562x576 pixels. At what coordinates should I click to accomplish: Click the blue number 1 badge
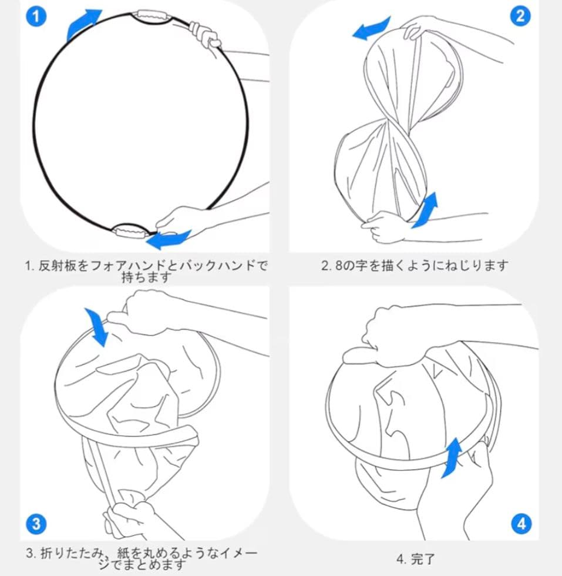(x=36, y=16)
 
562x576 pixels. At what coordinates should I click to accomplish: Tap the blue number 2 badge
(x=520, y=16)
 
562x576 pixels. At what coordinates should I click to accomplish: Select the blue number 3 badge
(x=36, y=524)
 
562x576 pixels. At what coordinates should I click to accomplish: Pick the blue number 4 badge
(x=521, y=524)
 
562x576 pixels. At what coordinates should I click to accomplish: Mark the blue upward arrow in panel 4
(x=452, y=457)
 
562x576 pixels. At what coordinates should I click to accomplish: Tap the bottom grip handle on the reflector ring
(x=131, y=232)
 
